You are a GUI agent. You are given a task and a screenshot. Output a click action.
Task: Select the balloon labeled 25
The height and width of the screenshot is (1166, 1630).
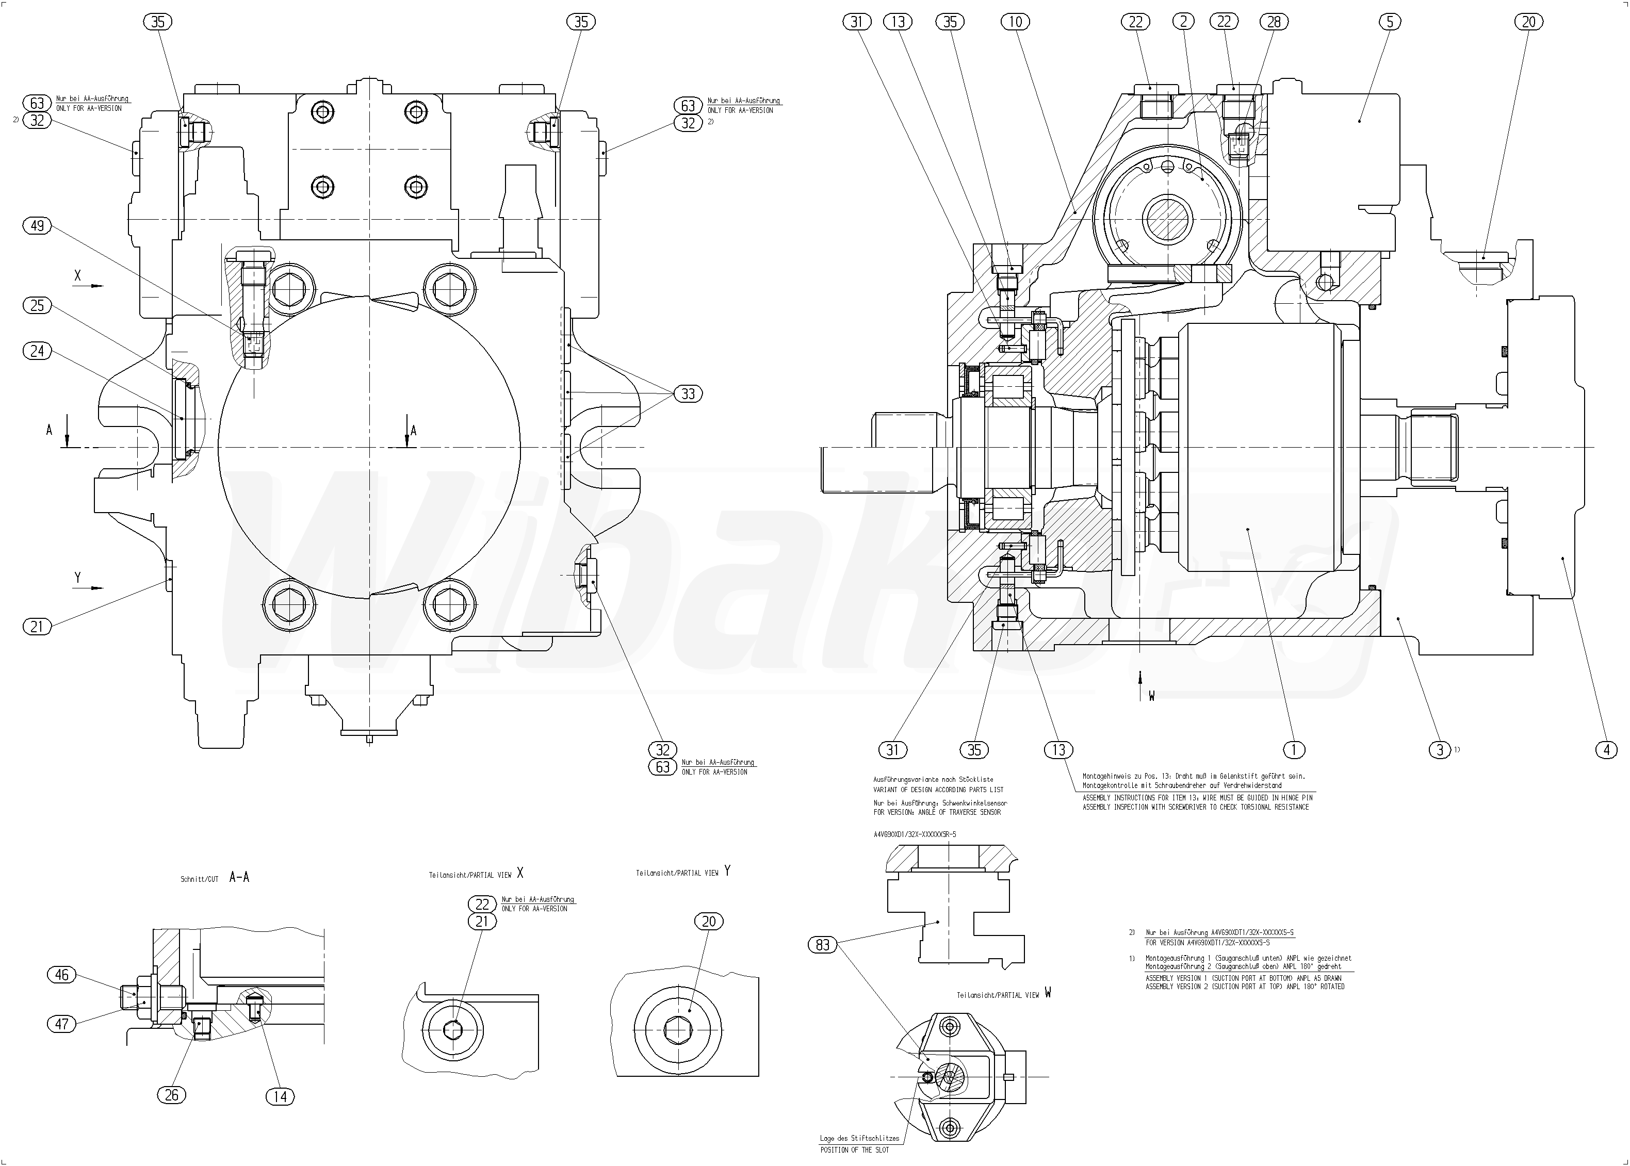click(x=37, y=306)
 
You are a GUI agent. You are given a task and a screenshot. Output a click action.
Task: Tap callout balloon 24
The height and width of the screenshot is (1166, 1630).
click(x=37, y=350)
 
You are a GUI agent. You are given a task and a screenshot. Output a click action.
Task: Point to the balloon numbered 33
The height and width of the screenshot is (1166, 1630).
click(x=688, y=393)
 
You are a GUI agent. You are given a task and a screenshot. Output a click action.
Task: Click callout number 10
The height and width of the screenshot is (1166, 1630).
click(x=1015, y=22)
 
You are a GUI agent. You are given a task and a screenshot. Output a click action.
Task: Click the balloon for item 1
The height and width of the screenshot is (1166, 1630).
click(x=1293, y=750)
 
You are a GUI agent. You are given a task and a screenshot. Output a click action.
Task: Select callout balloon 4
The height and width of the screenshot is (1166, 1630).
click(x=1606, y=750)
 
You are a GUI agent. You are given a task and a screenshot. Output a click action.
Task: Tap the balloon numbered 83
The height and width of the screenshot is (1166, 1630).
click(x=823, y=945)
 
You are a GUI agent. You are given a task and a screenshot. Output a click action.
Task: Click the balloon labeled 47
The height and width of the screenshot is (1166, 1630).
click(x=62, y=1023)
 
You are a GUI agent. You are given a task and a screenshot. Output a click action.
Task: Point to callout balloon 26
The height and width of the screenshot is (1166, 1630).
click(x=172, y=1095)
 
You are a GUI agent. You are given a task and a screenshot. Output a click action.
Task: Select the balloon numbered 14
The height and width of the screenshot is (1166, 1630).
click(x=280, y=1096)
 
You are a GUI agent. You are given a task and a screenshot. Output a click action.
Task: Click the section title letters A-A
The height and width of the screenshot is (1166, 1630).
click(x=239, y=877)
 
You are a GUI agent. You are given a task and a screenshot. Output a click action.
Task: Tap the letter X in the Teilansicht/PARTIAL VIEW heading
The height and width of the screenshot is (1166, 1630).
click(x=520, y=873)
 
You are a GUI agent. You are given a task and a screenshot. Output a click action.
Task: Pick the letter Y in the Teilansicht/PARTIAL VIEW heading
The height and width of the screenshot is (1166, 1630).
click(x=727, y=871)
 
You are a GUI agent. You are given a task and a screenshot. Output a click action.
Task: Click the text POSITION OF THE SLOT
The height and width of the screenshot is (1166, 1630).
click(x=855, y=1150)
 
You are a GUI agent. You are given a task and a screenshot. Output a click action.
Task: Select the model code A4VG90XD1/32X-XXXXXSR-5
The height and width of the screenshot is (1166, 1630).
click(x=914, y=835)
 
